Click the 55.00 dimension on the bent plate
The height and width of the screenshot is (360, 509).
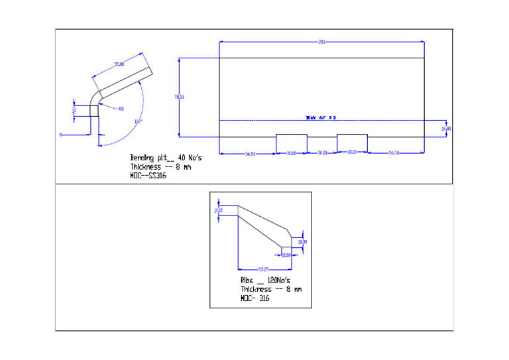click(x=119, y=64)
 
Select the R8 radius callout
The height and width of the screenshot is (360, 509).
click(x=121, y=109)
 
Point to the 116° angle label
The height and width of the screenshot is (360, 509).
click(x=138, y=121)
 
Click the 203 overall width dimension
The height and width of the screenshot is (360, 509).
click(x=321, y=42)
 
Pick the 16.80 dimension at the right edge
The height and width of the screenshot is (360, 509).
click(x=446, y=128)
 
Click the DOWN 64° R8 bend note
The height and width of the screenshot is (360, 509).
click(x=321, y=117)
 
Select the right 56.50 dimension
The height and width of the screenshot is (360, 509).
click(x=394, y=153)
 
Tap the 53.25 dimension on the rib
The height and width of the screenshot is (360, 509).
click(x=263, y=269)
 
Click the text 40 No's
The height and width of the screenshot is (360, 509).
click(x=190, y=158)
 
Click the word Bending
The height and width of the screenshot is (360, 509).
click(x=141, y=158)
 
